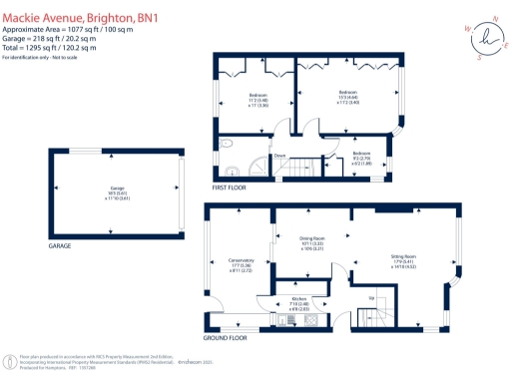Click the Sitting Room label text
tap(403, 261)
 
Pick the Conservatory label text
tap(242, 265)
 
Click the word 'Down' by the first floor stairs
tap(280, 157)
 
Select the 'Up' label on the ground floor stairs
tap(371, 296)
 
